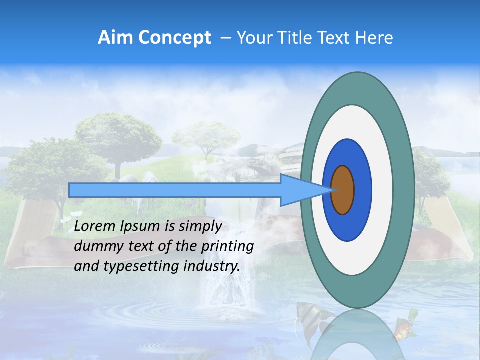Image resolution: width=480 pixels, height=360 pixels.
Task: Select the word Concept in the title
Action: [174, 38]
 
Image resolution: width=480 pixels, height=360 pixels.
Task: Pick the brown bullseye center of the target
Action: [343, 190]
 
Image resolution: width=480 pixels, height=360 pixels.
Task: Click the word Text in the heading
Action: [336, 38]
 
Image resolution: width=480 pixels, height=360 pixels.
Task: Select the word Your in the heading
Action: [253, 38]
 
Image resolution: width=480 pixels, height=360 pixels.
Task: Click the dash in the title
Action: [225, 38]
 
